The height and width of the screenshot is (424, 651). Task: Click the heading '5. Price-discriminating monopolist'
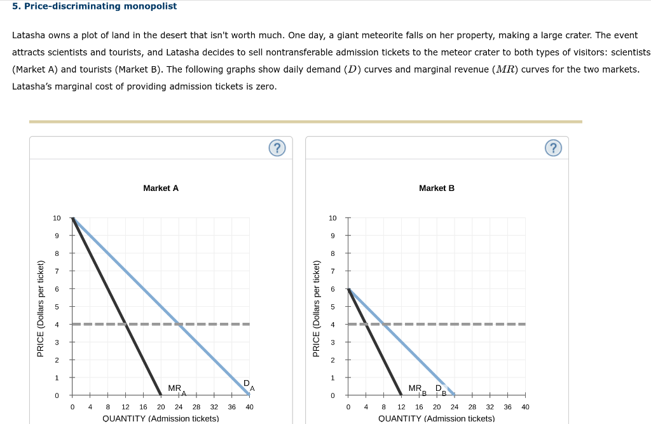pos(94,6)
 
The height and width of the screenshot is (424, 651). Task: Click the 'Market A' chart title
pos(161,188)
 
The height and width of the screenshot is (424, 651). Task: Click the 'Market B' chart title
pos(436,188)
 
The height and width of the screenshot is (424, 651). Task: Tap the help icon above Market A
pos(276,148)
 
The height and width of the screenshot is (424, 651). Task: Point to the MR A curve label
pos(176,389)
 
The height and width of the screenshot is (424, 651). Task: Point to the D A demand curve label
pos(249,384)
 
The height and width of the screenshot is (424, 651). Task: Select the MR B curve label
pos(417,389)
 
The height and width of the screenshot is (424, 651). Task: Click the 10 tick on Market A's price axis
pos(57,218)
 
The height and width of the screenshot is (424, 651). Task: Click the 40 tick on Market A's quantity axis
pos(249,407)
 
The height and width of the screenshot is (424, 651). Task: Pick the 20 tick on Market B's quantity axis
pos(437,407)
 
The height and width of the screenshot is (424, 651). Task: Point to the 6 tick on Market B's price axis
pos(332,289)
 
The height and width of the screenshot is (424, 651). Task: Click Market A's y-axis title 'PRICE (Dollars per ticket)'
pos(41,309)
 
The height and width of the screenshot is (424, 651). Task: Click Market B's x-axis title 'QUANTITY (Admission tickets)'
pos(436,418)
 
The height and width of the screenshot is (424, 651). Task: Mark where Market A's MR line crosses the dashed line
pos(126,324)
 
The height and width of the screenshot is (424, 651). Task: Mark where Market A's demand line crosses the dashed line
pos(179,324)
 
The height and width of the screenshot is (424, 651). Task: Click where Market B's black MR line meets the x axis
pos(401,395)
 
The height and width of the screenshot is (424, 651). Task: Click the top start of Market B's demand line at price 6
pos(348,289)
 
